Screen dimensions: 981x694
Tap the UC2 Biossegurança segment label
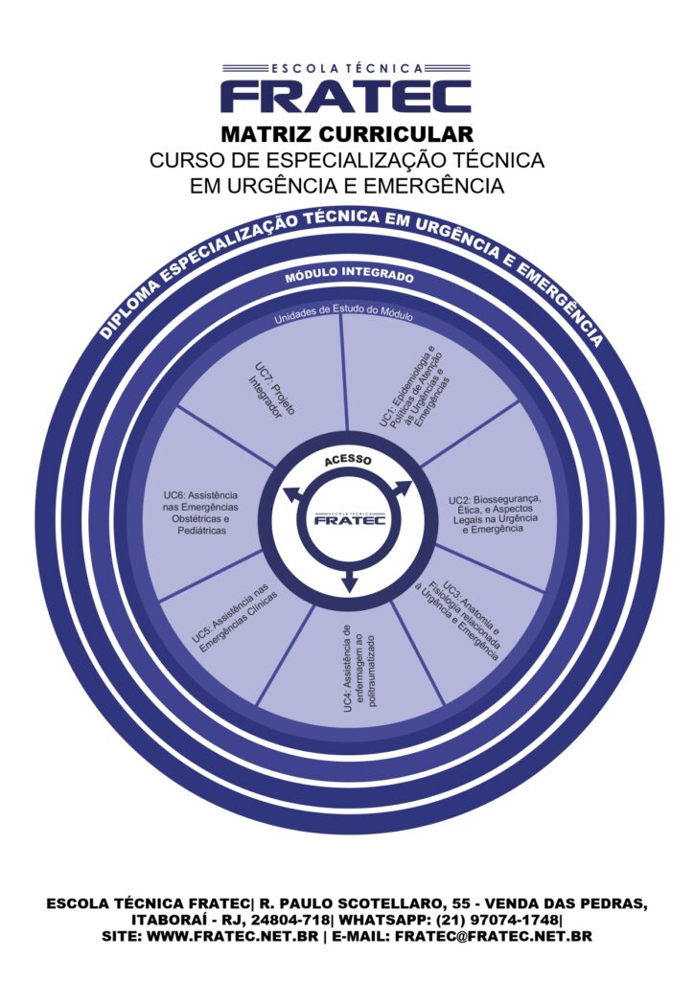494,513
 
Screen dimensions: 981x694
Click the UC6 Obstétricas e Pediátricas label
200,513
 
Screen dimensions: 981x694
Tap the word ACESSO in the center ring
347,461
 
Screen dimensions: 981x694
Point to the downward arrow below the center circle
349,580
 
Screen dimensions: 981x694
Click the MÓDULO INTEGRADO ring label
348,277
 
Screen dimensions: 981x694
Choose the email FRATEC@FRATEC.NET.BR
493,936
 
